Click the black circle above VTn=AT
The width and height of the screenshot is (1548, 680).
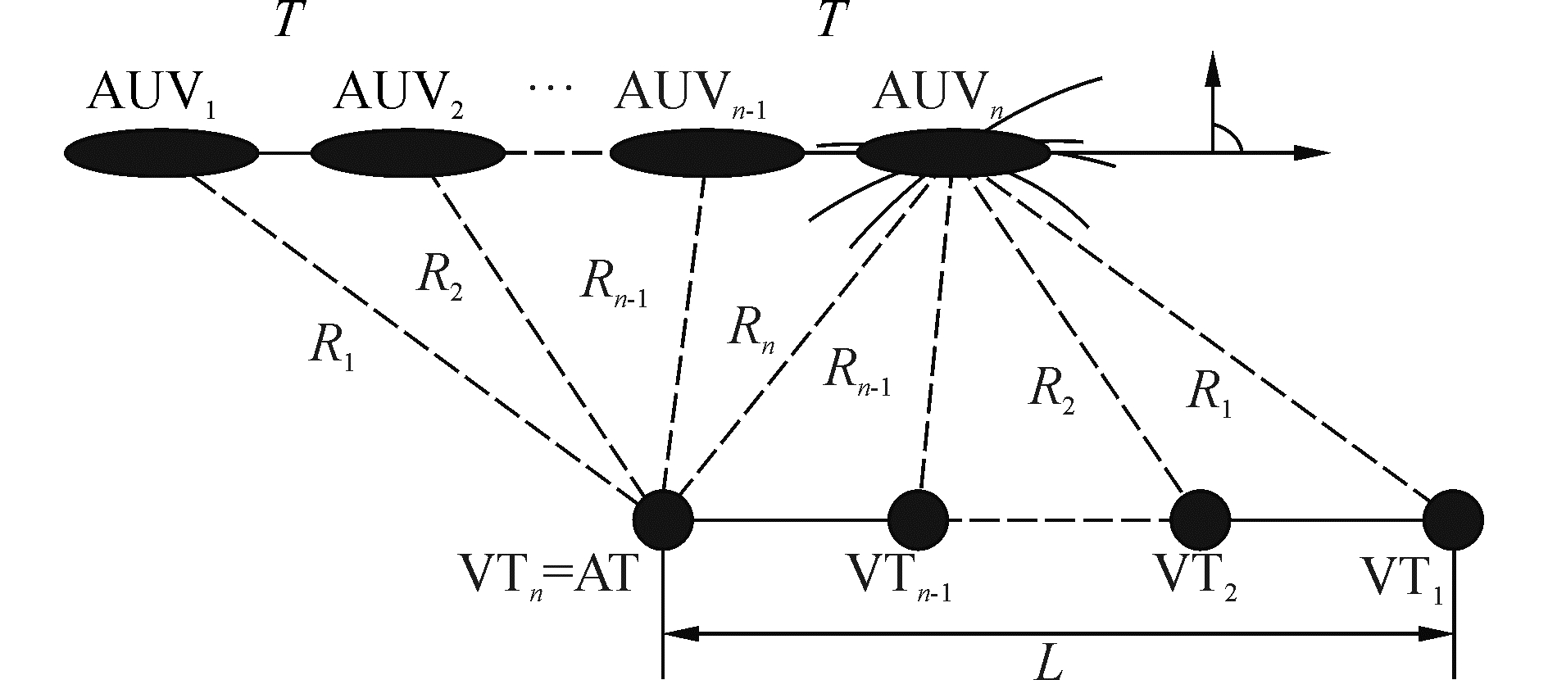[663, 519]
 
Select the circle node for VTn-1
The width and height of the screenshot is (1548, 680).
[918, 519]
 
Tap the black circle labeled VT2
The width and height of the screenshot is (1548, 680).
[1200, 519]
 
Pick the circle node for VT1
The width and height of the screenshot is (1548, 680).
[1453, 519]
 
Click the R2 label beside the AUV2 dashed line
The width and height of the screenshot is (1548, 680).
[438, 279]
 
